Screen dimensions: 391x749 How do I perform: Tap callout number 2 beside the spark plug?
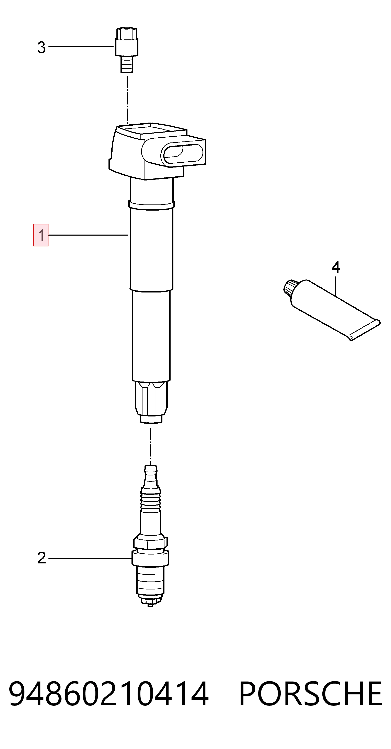point(42,558)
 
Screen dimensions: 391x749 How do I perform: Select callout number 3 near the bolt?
point(41,47)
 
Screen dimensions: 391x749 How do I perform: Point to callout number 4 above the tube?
point(336,267)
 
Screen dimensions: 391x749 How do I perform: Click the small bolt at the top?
point(127,50)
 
